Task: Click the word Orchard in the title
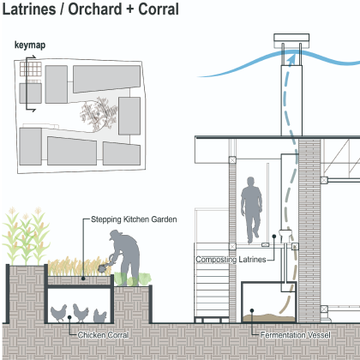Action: pyautogui.click(x=94, y=9)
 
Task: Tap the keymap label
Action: pyautogui.click(x=30, y=45)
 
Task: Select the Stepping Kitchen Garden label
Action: pyautogui.click(x=134, y=219)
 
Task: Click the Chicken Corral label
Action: pyautogui.click(x=103, y=335)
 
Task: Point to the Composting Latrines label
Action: pyautogui.click(x=231, y=260)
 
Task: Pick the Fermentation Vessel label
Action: pyautogui.click(x=296, y=335)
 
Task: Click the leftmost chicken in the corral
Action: pyautogui.click(x=59, y=313)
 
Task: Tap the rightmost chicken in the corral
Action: pyautogui.click(x=100, y=315)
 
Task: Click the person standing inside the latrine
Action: pyautogui.click(x=251, y=210)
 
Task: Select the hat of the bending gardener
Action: pyautogui.click(x=116, y=235)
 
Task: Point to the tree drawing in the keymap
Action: pyautogui.click(x=99, y=114)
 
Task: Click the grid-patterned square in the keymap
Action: pyautogui.click(x=31, y=69)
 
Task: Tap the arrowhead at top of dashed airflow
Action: pyautogui.click(x=291, y=59)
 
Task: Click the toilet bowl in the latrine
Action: pyautogui.click(x=285, y=236)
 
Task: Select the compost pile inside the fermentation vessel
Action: pyautogui.click(x=269, y=318)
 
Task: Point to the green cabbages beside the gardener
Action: pyautogui.click(x=133, y=279)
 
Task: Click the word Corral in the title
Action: pyautogui.click(x=159, y=9)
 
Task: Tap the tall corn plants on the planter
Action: pyautogui.click(x=26, y=237)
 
